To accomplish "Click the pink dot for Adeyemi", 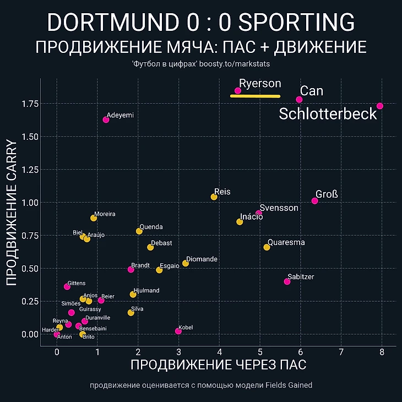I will (x=106, y=119).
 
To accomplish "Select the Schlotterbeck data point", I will (x=380, y=106).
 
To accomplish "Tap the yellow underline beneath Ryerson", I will (x=255, y=96).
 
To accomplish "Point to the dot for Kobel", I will (x=178, y=331).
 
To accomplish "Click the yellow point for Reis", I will (x=214, y=197).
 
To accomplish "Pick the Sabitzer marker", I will (x=287, y=281).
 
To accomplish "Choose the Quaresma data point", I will (x=267, y=247).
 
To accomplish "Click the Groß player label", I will (x=327, y=194).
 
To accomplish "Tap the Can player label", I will (x=312, y=90).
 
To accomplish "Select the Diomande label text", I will (x=202, y=259).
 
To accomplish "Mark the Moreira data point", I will (x=94, y=218).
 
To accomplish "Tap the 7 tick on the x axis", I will (x=341, y=352).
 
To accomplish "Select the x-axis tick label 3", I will (x=178, y=352).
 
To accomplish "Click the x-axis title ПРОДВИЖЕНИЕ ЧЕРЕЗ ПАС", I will (x=218, y=365).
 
